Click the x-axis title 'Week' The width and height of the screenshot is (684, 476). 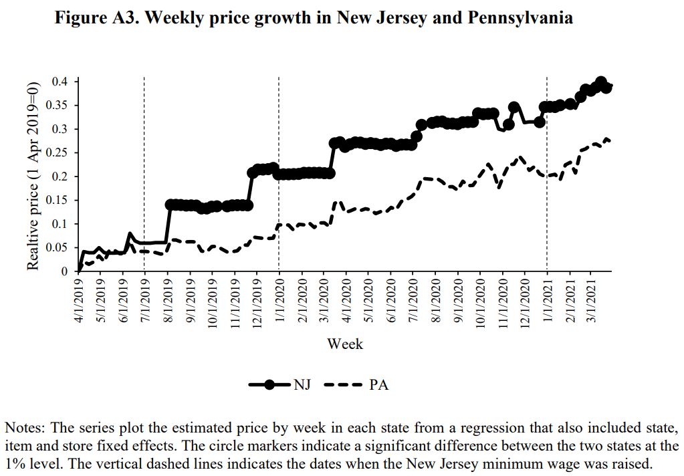click(345, 344)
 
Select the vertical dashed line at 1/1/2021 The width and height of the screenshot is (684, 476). click(547, 167)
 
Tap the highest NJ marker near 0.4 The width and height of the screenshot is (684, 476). click(600, 82)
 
